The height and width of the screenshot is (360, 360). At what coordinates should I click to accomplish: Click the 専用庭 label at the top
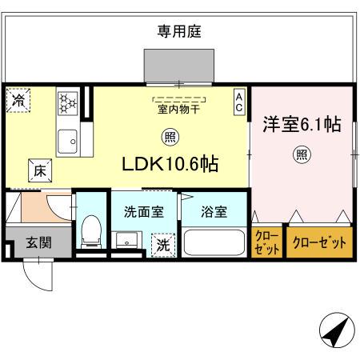pyautogui.click(x=178, y=31)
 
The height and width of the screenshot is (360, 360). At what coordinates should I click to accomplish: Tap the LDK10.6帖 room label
pyautogui.click(x=170, y=163)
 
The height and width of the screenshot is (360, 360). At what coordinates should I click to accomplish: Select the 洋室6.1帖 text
pyautogui.click(x=302, y=125)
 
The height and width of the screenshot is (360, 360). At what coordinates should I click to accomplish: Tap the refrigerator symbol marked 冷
pyautogui.click(x=18, y=102)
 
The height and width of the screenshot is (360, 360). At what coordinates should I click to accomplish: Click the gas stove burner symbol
pyautogui.click(x=66, y=102)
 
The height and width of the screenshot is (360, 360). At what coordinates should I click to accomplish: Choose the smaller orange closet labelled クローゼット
pyautogui.click(x=267, y=242)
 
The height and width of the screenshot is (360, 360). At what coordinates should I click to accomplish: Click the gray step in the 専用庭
pyautogui.click(x=178, y=66)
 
